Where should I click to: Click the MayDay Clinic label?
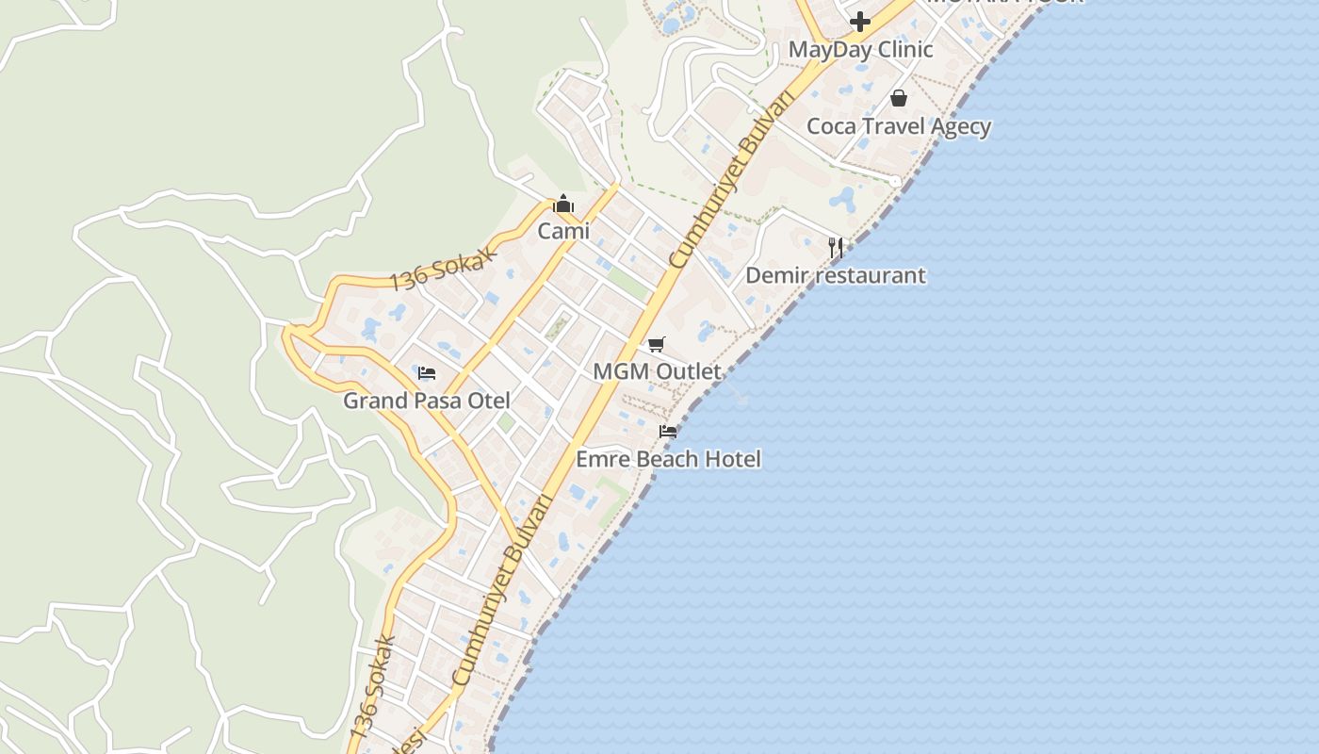coord(860,50)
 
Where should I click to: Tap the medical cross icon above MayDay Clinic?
coord(860,21)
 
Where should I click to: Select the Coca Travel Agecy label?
coord(899,126)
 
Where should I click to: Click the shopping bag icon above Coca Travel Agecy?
coord(899,98)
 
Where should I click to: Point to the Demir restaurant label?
coord(836,276)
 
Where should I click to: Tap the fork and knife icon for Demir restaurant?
coord(836,248)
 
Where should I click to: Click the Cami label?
coord(563,231)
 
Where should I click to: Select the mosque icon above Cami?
coord(563,204)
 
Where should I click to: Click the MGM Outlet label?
coord(657,371)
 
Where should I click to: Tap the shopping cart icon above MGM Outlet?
coord(657,344)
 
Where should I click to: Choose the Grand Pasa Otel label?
coord(427,401)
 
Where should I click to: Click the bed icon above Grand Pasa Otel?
coord(427,373)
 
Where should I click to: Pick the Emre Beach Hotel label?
coord(668,459)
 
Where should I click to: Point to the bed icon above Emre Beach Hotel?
coord(668,432)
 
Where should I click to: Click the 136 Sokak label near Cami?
coord(442,267)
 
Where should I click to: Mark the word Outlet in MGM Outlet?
coord(688,371)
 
